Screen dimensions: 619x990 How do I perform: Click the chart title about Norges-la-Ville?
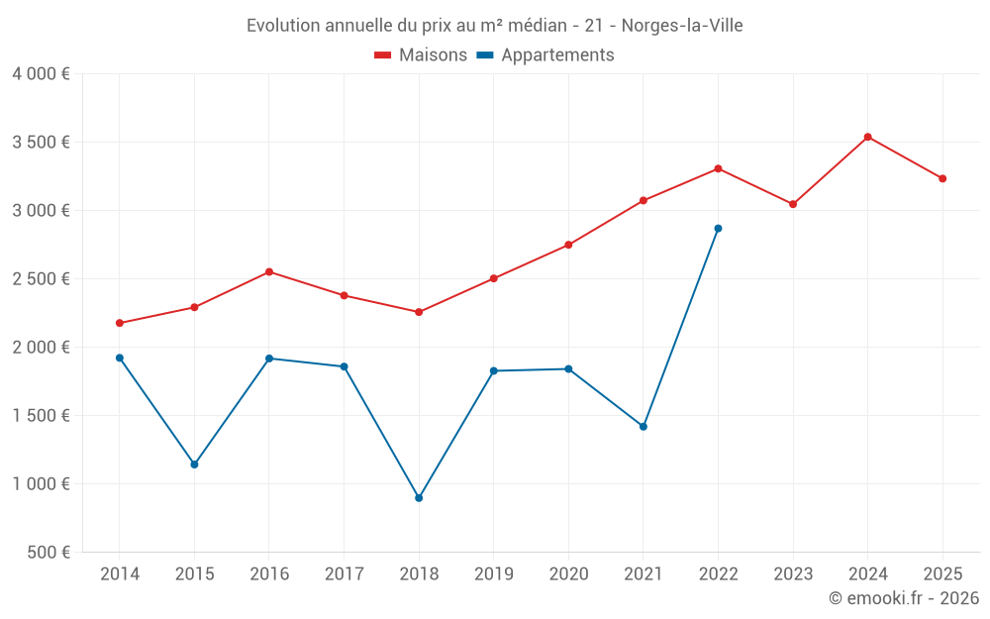(494, 26)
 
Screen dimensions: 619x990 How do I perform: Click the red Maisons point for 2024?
(867, 137)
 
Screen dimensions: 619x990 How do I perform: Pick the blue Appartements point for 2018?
(419, 498)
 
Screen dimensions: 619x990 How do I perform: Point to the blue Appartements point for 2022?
(718, 229)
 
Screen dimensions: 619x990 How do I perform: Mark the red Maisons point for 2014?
(120, 323)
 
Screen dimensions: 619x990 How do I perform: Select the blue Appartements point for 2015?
(194, 464)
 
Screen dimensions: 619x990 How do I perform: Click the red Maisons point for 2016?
(269, 272)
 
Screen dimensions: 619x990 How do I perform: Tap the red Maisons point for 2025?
(942, 178)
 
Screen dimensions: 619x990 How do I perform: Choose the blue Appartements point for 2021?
(643, 427)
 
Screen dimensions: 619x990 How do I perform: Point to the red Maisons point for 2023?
(793, 204)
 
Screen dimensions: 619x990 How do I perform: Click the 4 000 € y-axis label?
(41, 74)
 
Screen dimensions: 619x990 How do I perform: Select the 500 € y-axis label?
(50, 553)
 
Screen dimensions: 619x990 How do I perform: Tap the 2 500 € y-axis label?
(41, 279)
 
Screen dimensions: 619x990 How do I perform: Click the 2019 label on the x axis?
(493, 574)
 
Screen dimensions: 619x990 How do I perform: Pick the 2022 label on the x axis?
(718, 574)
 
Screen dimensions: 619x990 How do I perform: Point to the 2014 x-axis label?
(120, 574)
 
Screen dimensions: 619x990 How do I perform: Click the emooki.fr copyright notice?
(903, 598)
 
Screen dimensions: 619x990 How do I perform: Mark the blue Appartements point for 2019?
(493, 370)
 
